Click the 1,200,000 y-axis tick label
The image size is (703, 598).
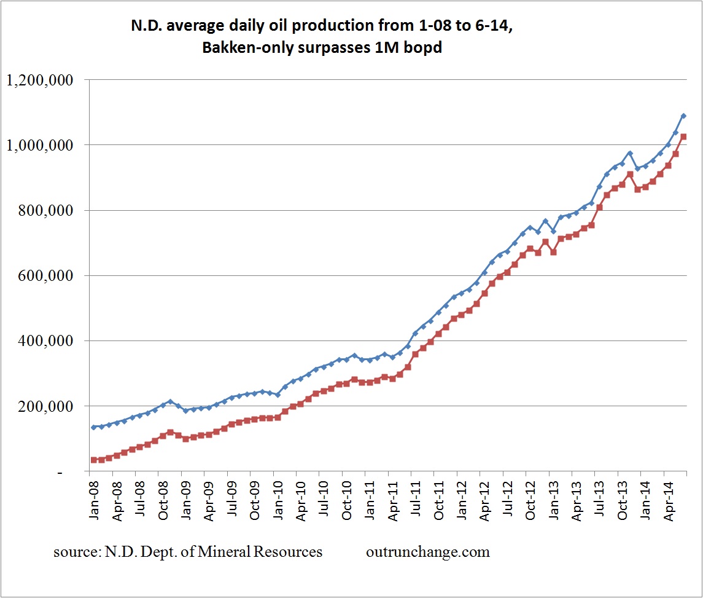coord(39,80)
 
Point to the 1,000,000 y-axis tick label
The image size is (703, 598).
coord(39,145)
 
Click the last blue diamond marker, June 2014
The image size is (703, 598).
coord(683,116)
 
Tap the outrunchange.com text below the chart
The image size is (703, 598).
coord(428,552)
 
